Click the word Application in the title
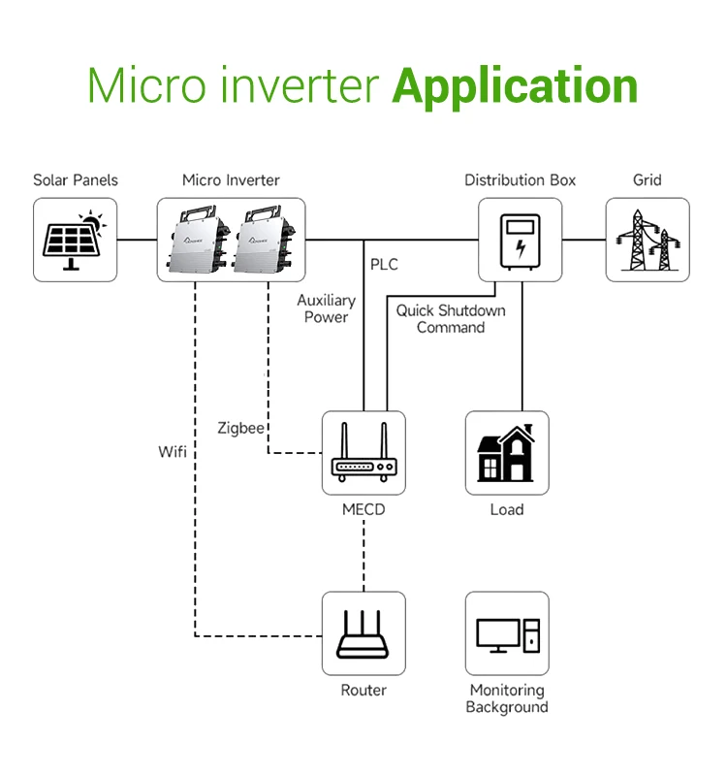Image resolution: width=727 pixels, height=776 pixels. [x=515, y=87]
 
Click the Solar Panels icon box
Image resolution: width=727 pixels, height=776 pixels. [x=75, y=240]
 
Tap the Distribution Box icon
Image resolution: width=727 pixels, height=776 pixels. [x=521, y=240]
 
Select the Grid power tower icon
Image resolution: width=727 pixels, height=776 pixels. [x=648, y=240]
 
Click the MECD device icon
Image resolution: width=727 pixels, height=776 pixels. [x=363, y=453]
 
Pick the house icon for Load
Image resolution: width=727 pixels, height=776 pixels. [x=507, y=453]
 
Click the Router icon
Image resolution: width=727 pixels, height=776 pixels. [x=363, y=633]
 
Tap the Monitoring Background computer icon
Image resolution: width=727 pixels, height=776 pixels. [x=507, y=633]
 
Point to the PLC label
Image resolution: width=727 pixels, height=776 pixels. [x=384, y=264]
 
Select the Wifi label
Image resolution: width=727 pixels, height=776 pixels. [x=174, y=452]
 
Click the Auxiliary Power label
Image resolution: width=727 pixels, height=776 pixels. [x=326, y=309]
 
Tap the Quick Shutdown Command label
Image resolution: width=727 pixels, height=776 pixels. [x=451, y=319]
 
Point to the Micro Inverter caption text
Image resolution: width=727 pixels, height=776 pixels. [x=231, y=180]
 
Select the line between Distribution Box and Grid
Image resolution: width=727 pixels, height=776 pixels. [x=584, y=240]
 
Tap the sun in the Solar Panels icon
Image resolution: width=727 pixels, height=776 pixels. [x=90, y=220]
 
